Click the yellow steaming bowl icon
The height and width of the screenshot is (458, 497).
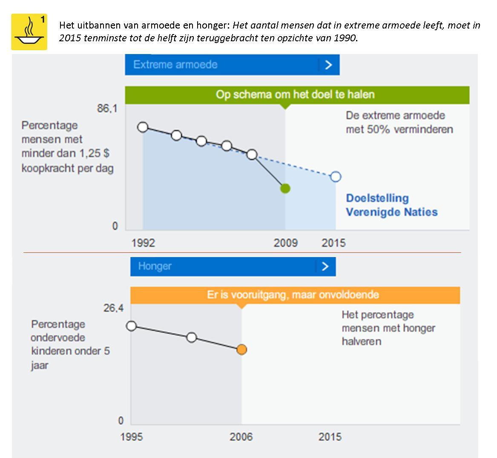click(29, 32)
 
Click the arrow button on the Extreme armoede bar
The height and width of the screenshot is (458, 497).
click(328, 65)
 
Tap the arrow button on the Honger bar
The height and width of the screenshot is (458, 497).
click(325, 266)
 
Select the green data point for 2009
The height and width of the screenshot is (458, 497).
click(285, 188)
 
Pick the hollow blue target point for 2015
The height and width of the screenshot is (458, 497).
click(336, 176)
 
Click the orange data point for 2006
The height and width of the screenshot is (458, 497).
click(241, 349)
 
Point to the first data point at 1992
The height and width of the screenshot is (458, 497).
click(143, 127)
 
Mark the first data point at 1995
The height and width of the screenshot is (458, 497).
click(132, 326)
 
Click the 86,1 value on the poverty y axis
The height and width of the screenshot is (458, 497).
click(107, 109)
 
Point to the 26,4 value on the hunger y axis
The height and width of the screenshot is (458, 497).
click(113, 308)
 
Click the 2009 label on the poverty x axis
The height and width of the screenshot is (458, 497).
click(285, 243)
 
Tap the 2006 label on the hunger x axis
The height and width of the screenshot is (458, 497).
click(241, 437)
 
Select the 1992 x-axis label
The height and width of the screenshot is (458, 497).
click(143, 243)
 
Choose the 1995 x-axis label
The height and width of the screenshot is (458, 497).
click(132, 437)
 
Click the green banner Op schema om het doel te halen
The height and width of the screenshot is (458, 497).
click(297, 94)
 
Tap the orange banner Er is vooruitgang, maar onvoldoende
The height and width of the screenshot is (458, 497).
click(295, 295)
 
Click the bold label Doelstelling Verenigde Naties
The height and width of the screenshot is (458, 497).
click(391, 205)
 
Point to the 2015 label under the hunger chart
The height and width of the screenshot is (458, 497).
click(330, 437)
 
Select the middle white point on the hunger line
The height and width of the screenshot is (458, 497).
click(192, 337)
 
